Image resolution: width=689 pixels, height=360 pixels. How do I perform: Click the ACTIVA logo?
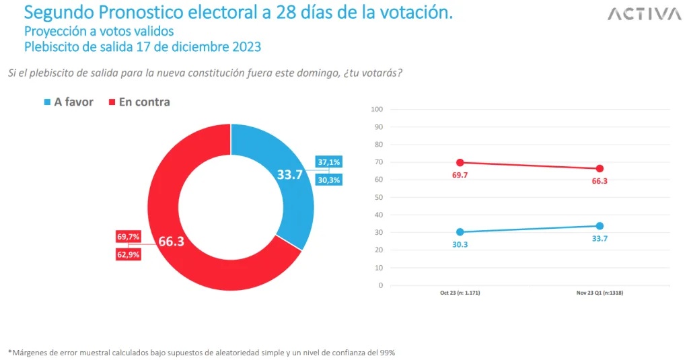tap(644, 14)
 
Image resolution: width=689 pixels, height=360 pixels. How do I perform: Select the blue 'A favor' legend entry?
tap(69, 102)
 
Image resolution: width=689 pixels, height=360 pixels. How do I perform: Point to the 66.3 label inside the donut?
tap(172, 242)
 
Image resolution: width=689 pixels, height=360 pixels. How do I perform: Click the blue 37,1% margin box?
tap(329, 162)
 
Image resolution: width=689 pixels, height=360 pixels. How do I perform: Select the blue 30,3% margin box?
tap(329, 180)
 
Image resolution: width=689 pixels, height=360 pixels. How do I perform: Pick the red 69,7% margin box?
tap(128, 237)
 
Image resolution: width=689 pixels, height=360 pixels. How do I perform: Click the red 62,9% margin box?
tap(128, 254)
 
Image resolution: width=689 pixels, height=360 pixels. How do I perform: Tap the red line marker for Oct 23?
tap(460, 162)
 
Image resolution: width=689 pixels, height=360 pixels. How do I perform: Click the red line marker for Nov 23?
tap(600, 168)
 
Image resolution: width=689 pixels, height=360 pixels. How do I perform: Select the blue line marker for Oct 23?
tap(460, 232)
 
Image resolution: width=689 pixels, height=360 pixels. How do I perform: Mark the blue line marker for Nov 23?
tap(600, 226)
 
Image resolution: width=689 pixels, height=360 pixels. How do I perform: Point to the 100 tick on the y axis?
tap(377, 109)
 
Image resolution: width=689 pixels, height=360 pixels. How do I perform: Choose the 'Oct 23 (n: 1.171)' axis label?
tap(460, 294)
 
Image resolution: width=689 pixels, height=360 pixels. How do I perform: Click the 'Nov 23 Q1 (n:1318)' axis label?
tap(600, 294)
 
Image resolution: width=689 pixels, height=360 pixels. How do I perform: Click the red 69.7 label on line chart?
tap(460, 175)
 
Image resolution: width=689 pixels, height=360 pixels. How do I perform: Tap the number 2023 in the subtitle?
tap(246, 47)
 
